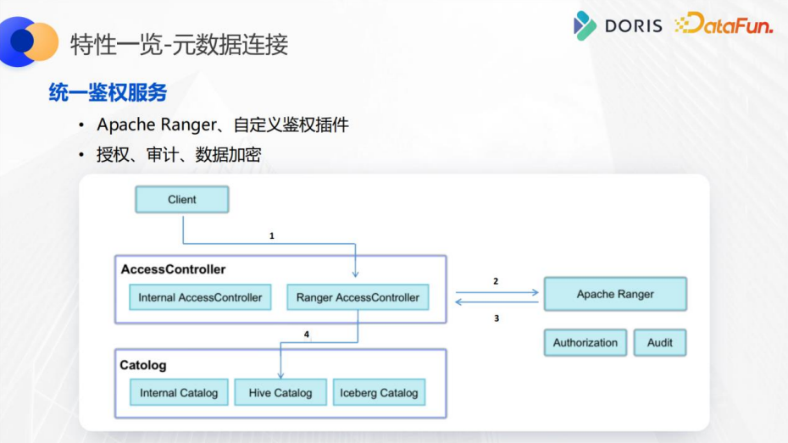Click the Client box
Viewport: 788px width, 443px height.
182,200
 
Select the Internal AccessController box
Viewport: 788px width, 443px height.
200,297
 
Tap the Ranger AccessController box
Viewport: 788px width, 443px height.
358,297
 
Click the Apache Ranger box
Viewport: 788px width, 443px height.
615,294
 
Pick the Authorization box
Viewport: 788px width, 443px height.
585,342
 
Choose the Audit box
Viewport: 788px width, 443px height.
659,342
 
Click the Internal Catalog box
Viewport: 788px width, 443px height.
179,392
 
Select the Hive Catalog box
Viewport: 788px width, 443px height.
280,392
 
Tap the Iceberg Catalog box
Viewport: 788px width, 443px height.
379,392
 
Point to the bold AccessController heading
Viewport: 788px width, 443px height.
173,269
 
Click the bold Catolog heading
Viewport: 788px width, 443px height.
143,365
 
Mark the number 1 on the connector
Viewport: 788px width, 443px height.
272,236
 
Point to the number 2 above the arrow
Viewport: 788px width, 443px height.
496,280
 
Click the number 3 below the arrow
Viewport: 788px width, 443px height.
497,318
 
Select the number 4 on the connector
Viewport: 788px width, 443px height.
307,335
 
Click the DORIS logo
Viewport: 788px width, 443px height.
619,25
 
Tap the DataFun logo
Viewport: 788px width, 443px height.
724,25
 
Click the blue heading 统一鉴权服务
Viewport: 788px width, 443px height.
108,92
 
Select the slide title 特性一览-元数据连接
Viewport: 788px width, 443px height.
179,43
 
